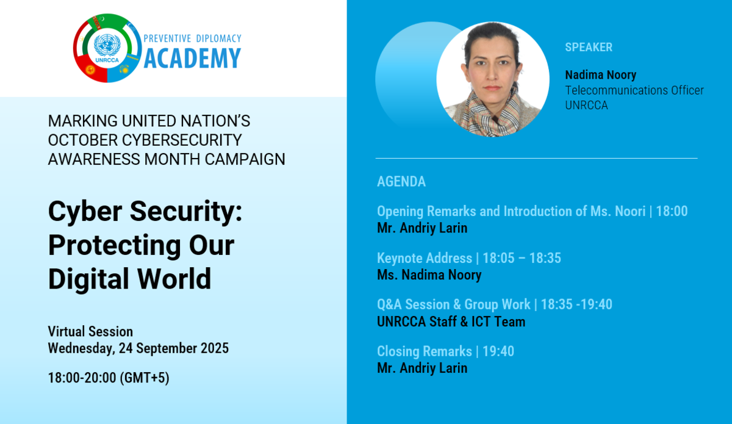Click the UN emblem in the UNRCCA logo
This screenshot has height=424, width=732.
click(x=107, y=45)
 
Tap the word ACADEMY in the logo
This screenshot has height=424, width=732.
click(x=193, y=58)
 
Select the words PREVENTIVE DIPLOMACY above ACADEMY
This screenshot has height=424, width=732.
click(x=193, y=38)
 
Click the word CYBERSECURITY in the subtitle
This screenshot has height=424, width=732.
click(x=182, y=140)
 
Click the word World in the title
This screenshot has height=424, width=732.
click(x=174, y=279)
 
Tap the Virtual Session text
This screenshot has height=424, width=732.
click(x=90, y=331)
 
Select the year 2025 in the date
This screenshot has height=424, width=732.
click(x=215, y=348)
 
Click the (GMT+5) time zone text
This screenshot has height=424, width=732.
click(x=145, y=378)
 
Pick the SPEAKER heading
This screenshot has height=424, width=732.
click(x=589, y=48)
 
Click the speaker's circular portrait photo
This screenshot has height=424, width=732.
click(x=493, y=79)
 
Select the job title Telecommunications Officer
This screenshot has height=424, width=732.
click(x=634, y=90)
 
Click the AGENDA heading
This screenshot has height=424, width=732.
click(x=401, y=181)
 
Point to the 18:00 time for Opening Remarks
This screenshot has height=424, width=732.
click(x=672, y=211)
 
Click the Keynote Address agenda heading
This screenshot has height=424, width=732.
click(x=425, y=258)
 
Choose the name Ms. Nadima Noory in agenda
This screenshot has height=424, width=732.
click(x=429, y=275)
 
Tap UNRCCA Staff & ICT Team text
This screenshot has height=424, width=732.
click(x=451, y=322)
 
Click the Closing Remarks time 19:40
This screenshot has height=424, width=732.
click(x=498, y=351)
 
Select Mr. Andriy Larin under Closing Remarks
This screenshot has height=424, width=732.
click(x=422, y=368)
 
